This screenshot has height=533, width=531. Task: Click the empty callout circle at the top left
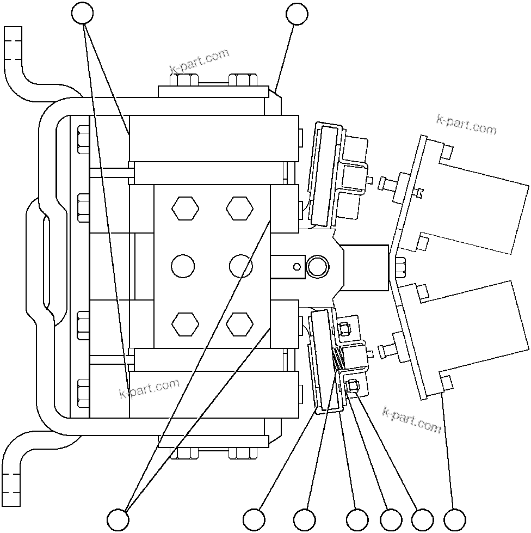pos(83,14)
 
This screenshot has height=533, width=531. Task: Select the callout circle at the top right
pos(297,14)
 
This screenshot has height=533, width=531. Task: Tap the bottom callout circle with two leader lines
pos(118,518)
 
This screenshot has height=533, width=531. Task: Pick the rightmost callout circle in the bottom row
pos(455,518)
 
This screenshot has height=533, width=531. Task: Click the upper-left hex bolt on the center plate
pos(186,209)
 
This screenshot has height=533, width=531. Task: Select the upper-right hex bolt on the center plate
pos(240,209)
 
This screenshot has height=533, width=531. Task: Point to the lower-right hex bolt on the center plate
pos(240,324)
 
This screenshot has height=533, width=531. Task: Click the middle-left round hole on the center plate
pos(183,266)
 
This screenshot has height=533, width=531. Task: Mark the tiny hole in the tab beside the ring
pos(296,266)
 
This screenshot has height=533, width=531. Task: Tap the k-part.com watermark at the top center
pos(199,62)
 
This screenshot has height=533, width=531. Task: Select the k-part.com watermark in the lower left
pos(149,388)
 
